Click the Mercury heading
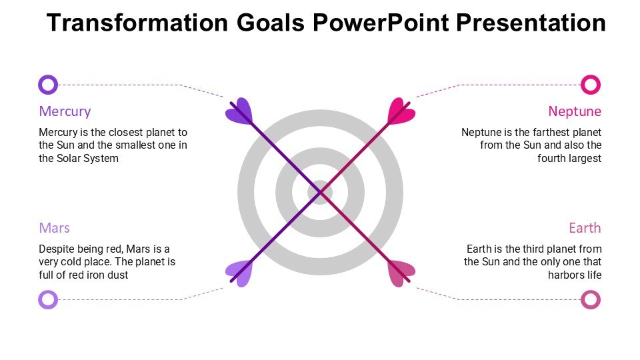(x=65, y=111)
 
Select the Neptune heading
(x=575, y=111)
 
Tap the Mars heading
(x=54, y=228)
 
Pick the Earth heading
(x=585, y=228)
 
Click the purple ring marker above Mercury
(x=48, y=85)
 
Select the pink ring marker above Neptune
(x=591, y=85)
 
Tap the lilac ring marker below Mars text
(x=48, y=299)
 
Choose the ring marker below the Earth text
(x=591, y=299)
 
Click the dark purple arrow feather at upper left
(x=239, y=111)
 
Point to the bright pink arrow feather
(x=401, y=111)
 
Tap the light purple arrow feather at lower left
(x=239, y=273)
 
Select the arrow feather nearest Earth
(x=401, y=273)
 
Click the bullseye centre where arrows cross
(x=321, y=192)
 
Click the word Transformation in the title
(x=137, y=23)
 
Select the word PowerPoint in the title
(x=381, y=23)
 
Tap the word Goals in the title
(x=271, y=23)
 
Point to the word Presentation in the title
(x=531, y=23)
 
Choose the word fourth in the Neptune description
(x=549, y=159)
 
